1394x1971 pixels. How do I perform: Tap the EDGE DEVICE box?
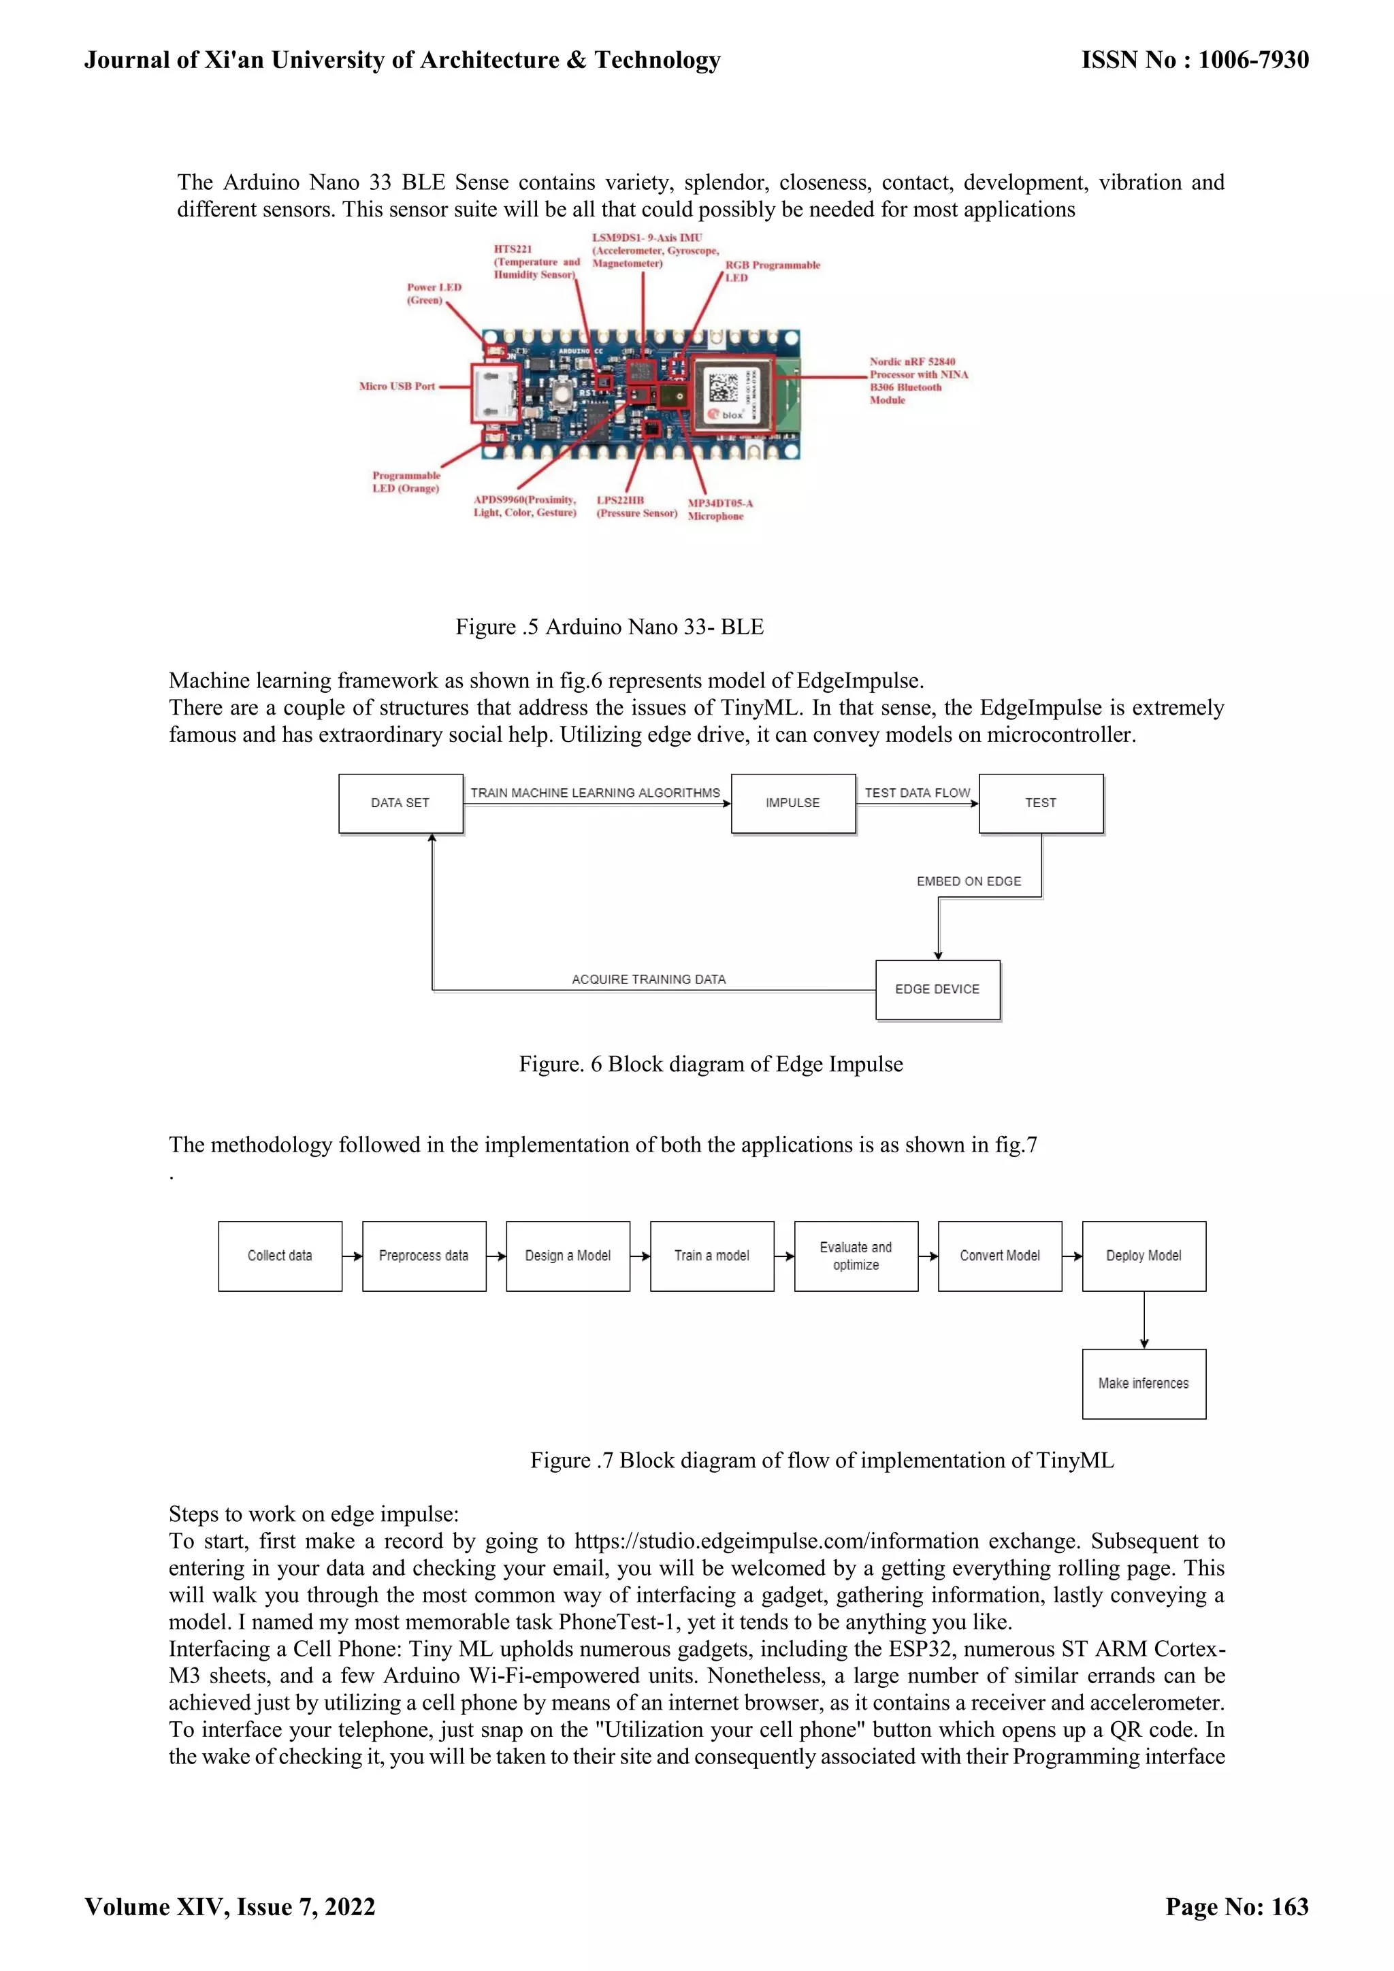point(937,990)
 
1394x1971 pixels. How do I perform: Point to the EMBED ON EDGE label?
point(969,881)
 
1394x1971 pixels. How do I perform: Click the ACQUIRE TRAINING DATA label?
point(649,979)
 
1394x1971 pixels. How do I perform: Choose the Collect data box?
point(280,1256)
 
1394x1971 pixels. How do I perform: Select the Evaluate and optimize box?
point(856,1256)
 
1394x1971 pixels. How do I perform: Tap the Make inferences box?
point(1144,1384)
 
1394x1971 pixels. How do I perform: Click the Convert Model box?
point(1000,1256)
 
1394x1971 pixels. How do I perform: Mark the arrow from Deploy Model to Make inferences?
point(1144,1320)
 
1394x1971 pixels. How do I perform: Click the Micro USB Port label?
point(398,387)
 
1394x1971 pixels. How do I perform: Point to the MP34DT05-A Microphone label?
point(719,510)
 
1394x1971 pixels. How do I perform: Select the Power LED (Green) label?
point(434,293)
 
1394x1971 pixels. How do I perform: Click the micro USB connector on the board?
point(496,392)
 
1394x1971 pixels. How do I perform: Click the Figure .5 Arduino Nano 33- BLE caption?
point(609,627)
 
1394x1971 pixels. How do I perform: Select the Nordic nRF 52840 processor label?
point(918,380)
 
